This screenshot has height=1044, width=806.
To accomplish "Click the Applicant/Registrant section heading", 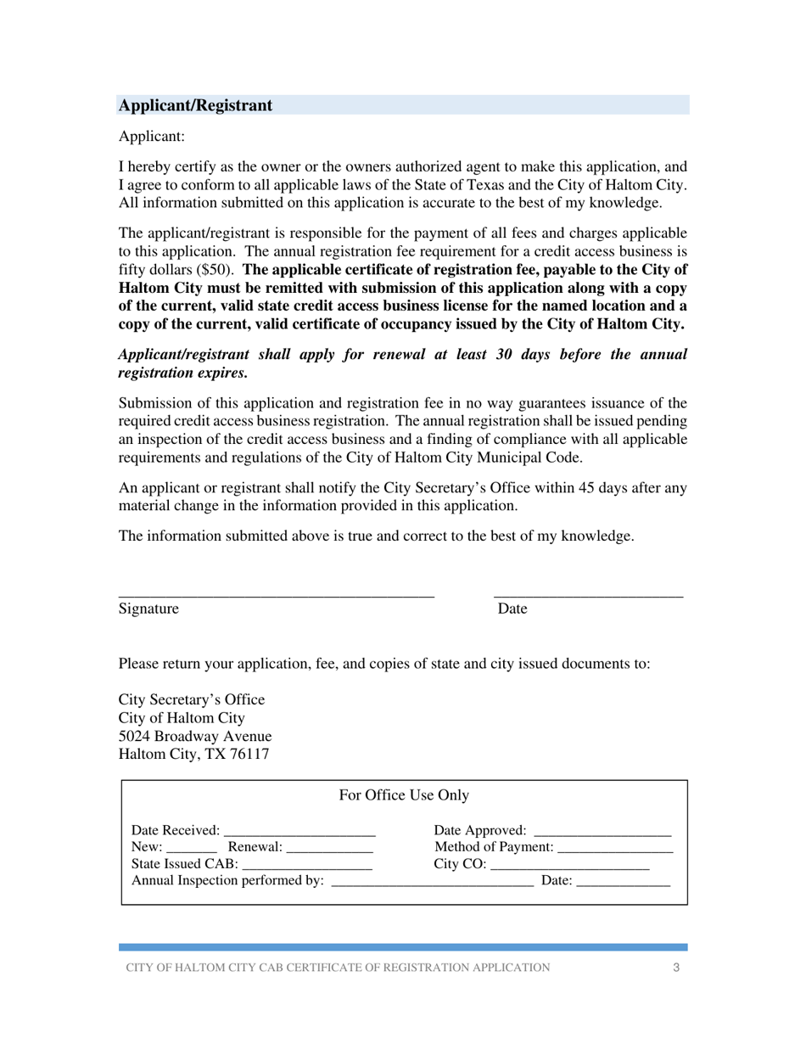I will click(196, 105).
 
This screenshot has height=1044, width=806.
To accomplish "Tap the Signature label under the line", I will click(148, 609).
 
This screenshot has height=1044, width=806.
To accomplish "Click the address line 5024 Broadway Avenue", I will click(195, 736).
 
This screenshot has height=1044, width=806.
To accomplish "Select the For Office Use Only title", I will click(404, 795).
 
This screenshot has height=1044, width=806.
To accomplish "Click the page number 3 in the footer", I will click(675, 968).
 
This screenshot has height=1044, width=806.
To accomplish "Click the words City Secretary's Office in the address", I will click(192, 700).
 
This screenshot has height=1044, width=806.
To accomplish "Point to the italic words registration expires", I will click(183, 373).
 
